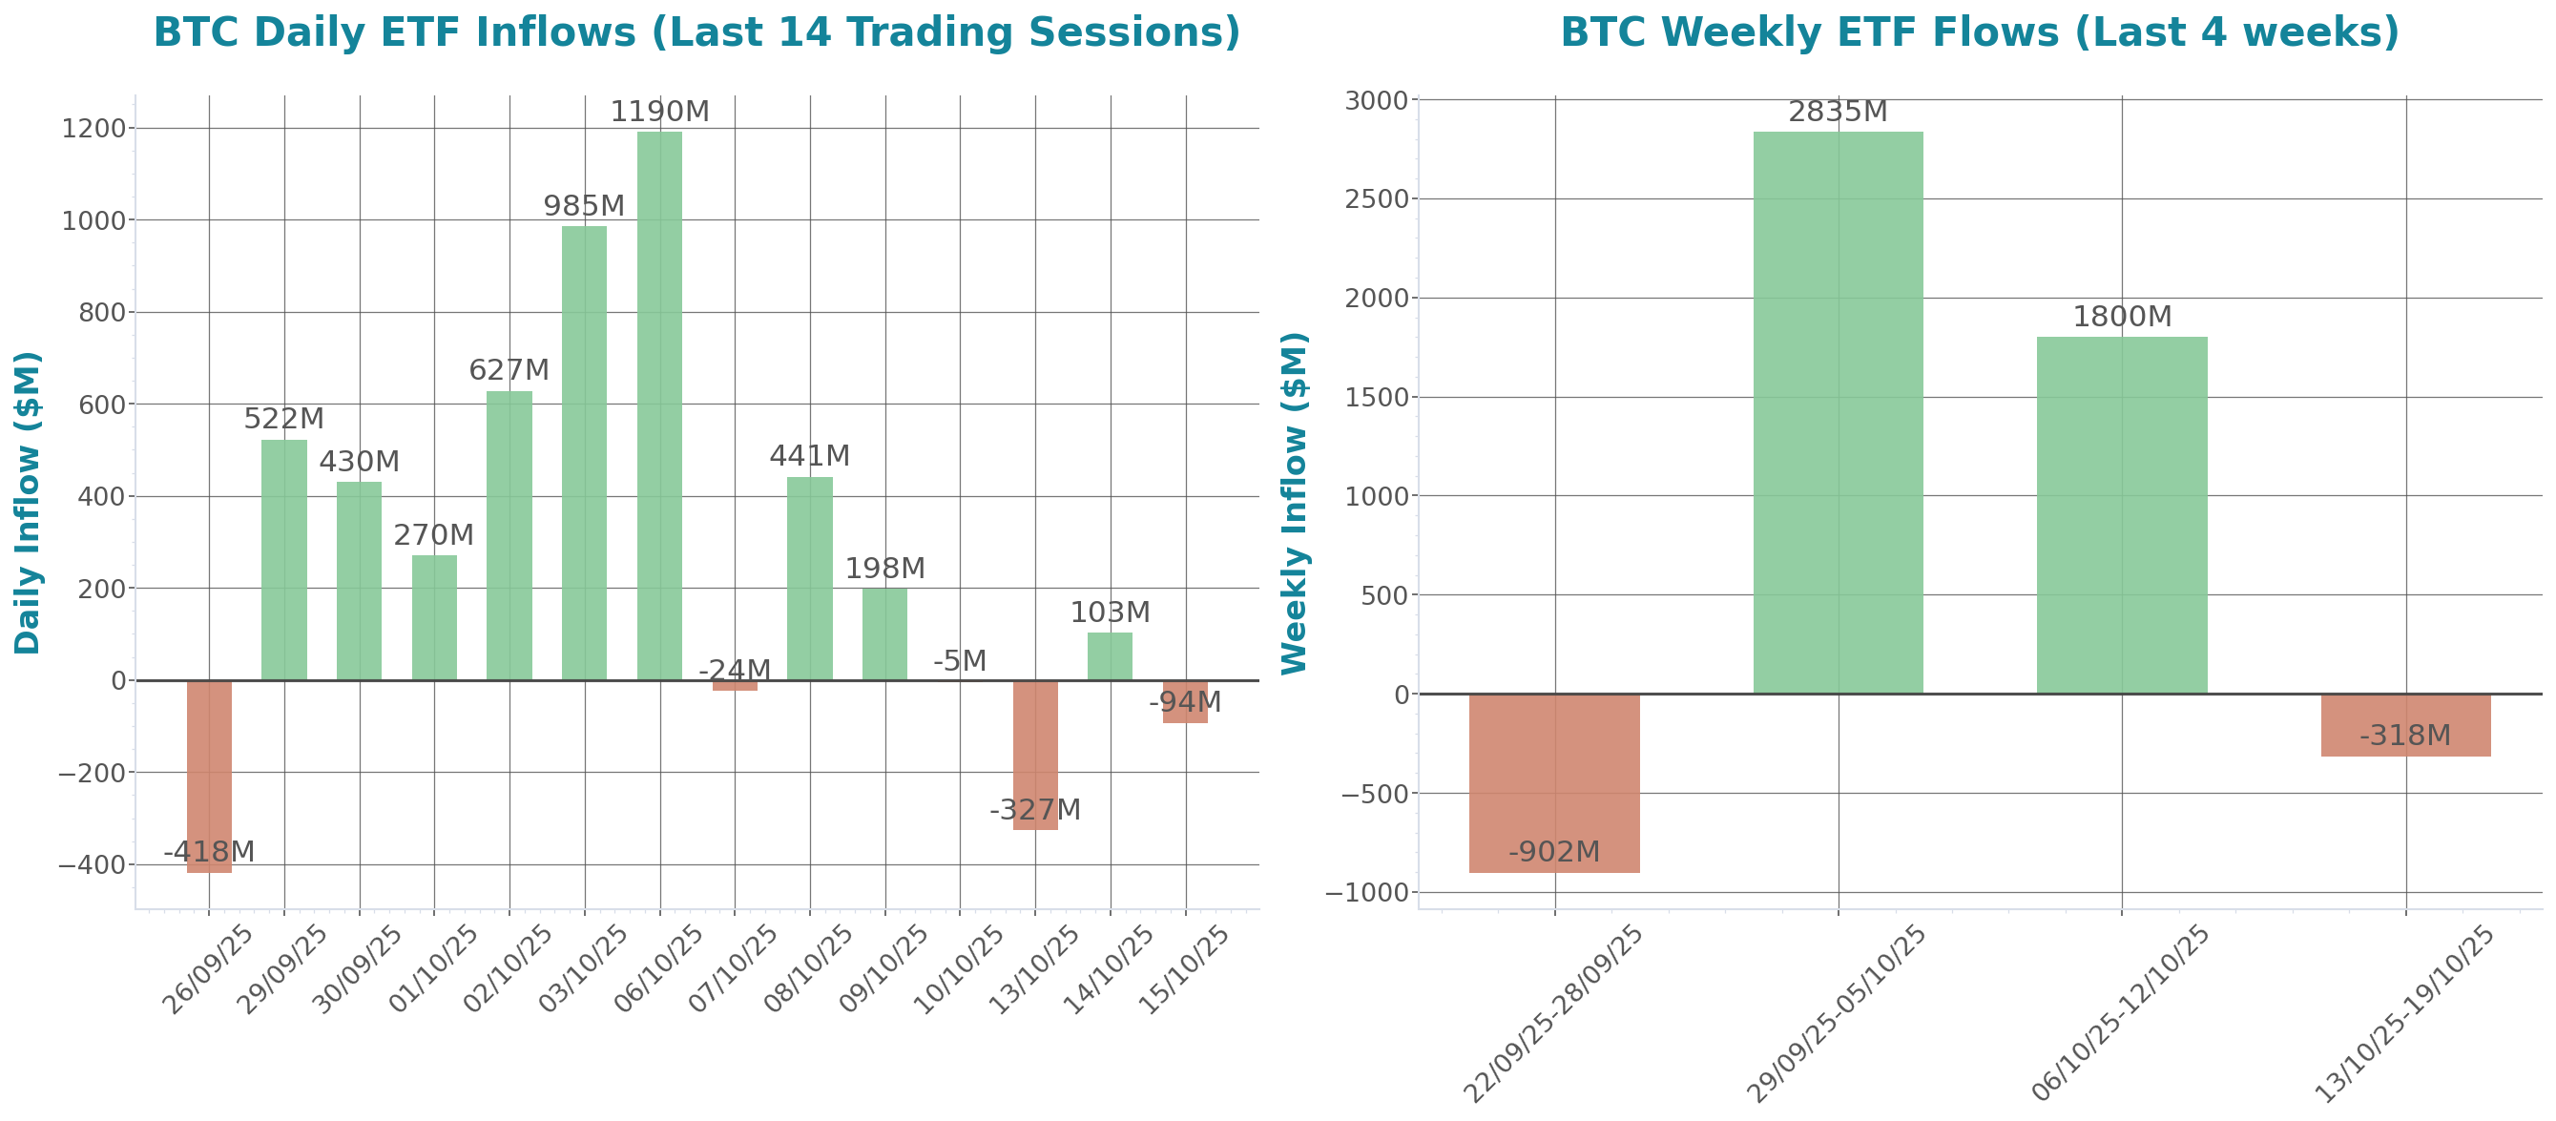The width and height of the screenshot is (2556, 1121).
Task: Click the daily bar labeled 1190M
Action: tap(659, 406)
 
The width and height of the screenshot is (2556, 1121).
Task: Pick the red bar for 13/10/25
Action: tap(1035, 754)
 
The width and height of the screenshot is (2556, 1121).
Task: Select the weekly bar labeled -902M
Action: tap(1554, 783)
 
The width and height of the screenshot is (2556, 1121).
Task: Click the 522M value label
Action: tap(283, 419)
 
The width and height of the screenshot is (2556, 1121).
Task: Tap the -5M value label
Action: tap(960, 661)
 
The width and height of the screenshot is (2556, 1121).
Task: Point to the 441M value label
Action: tap(810, 455)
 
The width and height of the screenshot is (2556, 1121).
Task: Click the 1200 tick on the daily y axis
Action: tap(94, 129)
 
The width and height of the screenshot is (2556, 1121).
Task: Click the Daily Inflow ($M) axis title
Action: tap(27, 502)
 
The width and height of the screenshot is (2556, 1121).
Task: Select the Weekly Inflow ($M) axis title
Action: tap(1295, 502)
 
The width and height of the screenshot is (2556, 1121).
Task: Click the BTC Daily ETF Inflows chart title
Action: tap(696, 31)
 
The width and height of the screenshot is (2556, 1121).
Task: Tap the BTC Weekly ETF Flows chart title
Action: tap(1980, 31)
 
